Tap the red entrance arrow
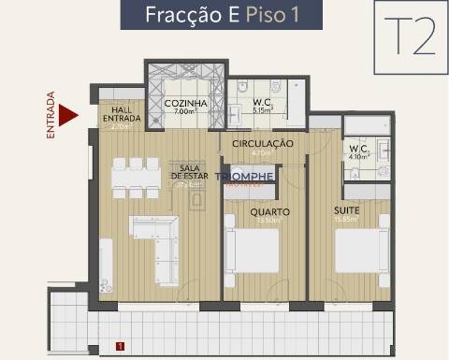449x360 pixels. pos(66,116)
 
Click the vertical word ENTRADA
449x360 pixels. pos(51,115)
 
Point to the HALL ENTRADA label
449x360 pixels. pos(121,112)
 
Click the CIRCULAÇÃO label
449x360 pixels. pos(263,143)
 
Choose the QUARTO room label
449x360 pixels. pos(269,212)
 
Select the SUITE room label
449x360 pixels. pos(346,211)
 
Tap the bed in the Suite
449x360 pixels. pos(361,251)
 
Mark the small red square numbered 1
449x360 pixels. pos(120,345)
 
